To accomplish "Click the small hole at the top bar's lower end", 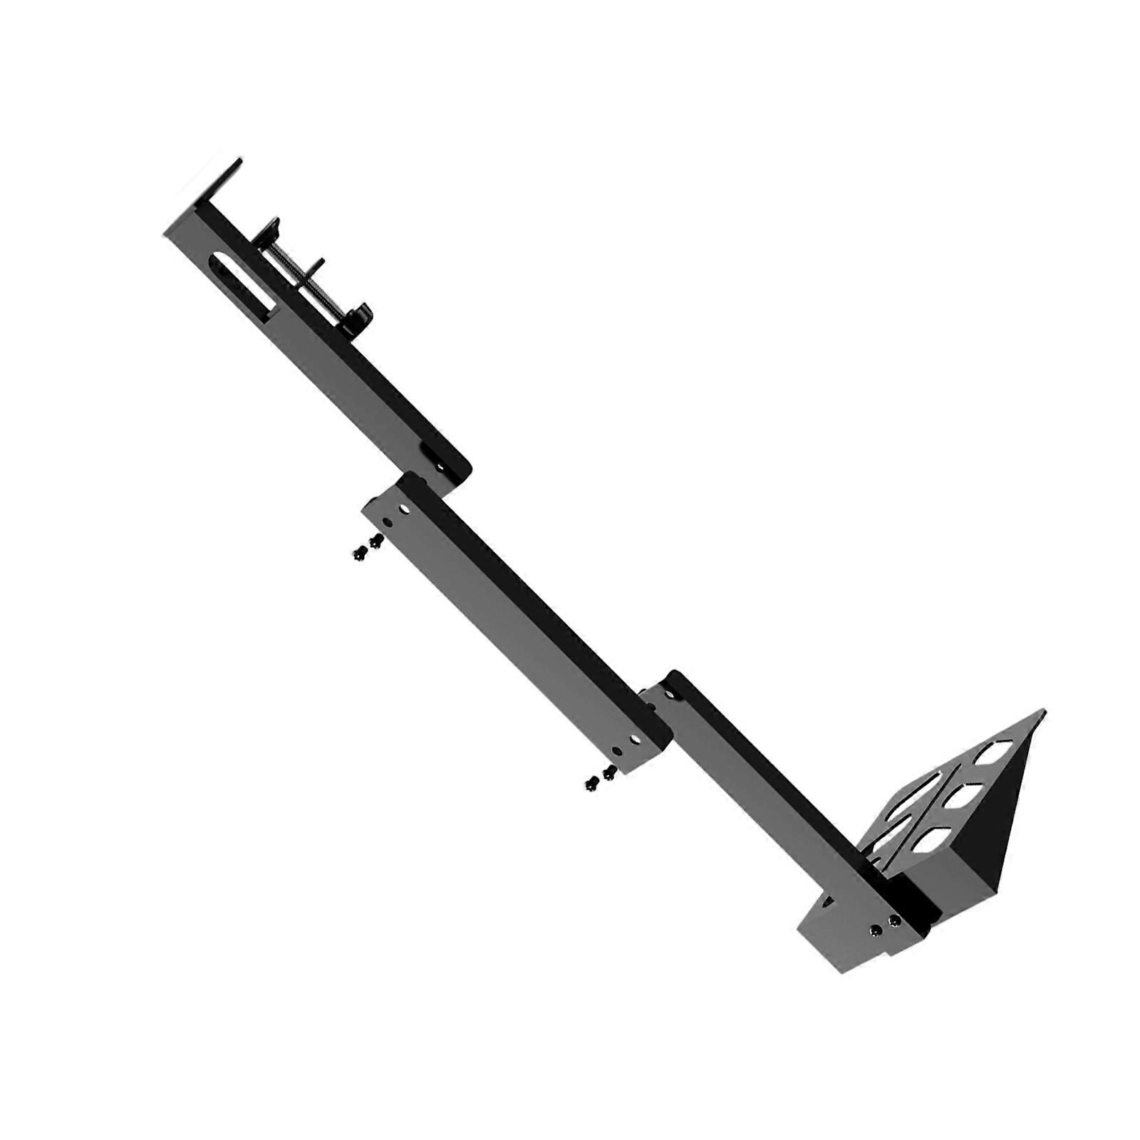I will point(440,467).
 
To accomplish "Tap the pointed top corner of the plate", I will point(1043,711).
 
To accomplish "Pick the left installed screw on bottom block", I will point(876,931).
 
